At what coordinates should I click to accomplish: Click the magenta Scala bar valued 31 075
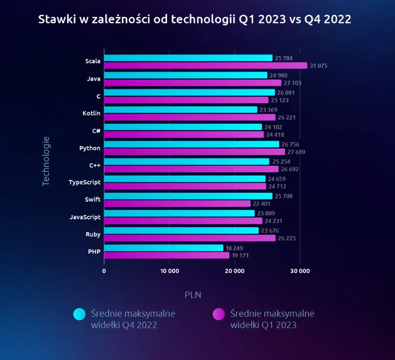tap(205, 65)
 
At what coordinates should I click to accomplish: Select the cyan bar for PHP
tap(164, 248)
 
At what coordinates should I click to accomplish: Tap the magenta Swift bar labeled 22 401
tap(177, 204)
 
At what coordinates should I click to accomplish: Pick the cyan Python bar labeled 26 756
tap(192, 144)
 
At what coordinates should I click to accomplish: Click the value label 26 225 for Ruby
tap(287, 239)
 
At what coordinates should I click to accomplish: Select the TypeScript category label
tap(85, 182)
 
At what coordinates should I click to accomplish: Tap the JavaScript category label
tap(85, 217)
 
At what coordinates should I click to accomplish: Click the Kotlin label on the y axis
tap(91, 113)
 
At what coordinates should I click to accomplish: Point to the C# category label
tap(96, 131)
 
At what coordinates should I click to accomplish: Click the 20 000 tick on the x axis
tap(235, 271)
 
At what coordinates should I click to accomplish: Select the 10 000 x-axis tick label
tap(169, 271)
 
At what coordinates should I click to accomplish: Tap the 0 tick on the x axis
tap(104, 271)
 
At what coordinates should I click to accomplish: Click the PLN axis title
tap(193, 295)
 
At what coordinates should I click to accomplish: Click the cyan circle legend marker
tap(80, 314)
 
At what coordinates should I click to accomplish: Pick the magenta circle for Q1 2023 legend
tap(219, 314)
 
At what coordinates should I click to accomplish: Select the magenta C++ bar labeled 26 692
tap(191, 169)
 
